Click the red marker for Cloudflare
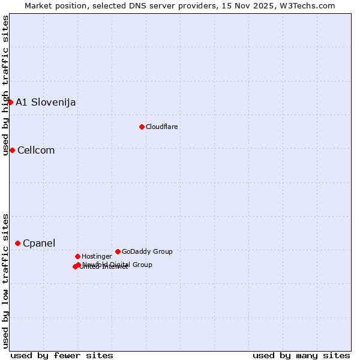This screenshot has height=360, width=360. click(142, 127)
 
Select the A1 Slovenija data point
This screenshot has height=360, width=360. click(10, 102)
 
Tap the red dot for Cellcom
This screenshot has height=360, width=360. click(12, 150)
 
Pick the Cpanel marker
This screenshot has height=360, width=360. click(17, 243)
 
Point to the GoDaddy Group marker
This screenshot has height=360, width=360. click(118, 251)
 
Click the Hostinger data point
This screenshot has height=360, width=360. click(77, 256)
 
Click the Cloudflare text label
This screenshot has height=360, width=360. click(162, 127)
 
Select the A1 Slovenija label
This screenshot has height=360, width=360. click(46, 102)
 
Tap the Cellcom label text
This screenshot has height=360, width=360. click(36, 150)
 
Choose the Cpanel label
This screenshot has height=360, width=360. click(39, 243)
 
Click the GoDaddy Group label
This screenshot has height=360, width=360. click(147, 251)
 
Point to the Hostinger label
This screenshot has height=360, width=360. click(97, 256)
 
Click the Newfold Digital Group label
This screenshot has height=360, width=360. click(118, 265)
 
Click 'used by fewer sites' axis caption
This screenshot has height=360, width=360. click(62, 355)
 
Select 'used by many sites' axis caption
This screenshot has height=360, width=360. click(301, 355)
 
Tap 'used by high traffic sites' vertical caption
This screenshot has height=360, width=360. click(5, 86)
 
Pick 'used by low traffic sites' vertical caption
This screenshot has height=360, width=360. click(5, 281)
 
